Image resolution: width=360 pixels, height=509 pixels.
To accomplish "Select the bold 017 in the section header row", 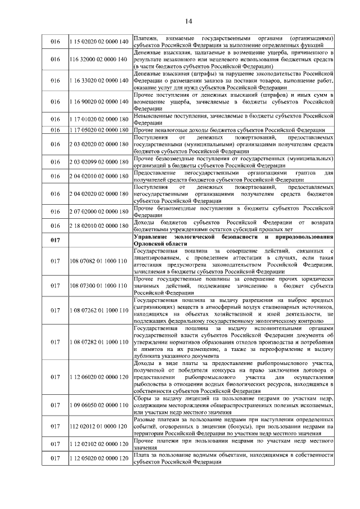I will tap(55, 241).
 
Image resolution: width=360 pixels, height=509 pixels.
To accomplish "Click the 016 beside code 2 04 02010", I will tap(55, 177).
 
